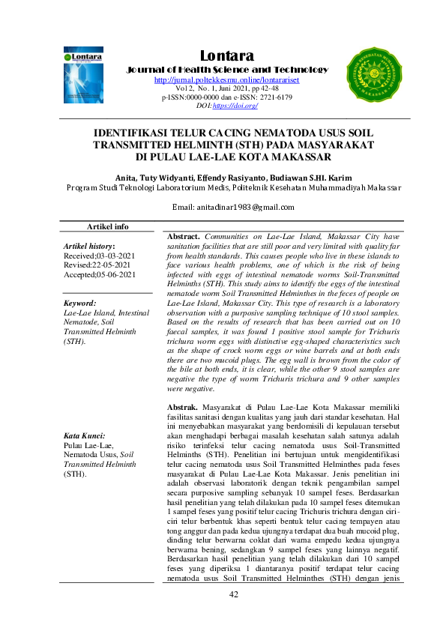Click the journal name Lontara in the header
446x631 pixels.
point(227,55)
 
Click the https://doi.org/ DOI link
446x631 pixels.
point(235,106)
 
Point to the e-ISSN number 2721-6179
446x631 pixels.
point(274,97)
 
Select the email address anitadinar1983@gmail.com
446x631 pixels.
point(233,207)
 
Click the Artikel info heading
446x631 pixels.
point(108,226)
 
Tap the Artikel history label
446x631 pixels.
point(89,246)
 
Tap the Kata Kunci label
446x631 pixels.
point(84,435)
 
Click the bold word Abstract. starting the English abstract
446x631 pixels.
point(182,236)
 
